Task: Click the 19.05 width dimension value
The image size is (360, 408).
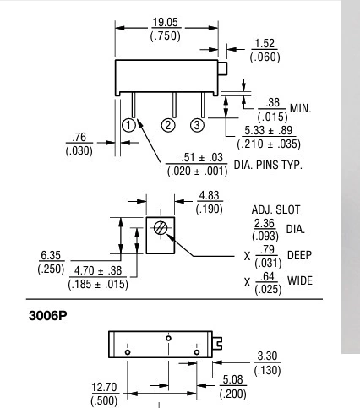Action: tap(166, 22)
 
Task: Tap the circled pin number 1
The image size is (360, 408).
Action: tap(128, 125)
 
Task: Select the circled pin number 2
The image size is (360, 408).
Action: tap(168, 125)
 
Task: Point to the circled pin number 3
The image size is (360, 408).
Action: tap(197, 125)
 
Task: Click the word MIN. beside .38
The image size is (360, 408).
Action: tap(301, 108)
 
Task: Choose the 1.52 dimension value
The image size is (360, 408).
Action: tap(265, 44)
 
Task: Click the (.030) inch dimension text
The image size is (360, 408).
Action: tap(79, 150)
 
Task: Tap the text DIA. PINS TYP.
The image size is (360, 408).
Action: tap(268, 165)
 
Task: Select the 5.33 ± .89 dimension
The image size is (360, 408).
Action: tap(269, 130)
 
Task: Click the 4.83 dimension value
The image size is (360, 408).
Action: tap(209, 195)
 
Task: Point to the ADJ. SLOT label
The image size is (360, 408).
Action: tap(275, 209)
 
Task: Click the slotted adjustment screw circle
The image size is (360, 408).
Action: tap(161, 227)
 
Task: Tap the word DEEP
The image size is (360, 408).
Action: tap(299, 255)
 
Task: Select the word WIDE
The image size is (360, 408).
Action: tap(300, 280)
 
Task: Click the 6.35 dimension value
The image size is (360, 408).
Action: tap(51, 255)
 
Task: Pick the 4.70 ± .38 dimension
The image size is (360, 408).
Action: tap(98, 270)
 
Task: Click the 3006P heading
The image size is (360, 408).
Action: tap(48, 316)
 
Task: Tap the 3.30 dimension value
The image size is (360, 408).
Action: tap(267, 356)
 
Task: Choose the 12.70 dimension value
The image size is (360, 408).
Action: tap(104, 387)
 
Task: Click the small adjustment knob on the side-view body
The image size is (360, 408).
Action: tap(222, 68)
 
